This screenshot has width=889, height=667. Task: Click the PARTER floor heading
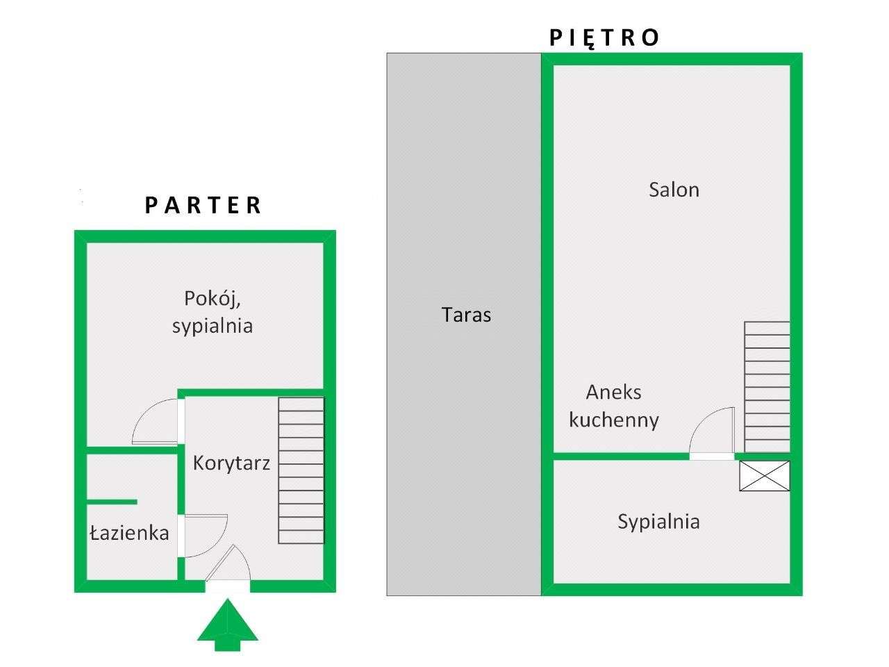click(203, 205)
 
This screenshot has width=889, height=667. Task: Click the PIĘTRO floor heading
click(604, 38)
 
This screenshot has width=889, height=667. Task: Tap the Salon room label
click(674, 190)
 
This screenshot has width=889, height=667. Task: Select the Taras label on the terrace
click(466, 315)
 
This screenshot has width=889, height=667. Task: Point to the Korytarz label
click(231, 463)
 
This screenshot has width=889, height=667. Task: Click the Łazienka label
click(129, 533)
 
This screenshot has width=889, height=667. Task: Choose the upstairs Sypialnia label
click(658, 522)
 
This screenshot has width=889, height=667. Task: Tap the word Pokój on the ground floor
click(213, 299)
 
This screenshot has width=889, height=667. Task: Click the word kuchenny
click(614, 420)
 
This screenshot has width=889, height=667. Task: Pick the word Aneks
click(613, 393)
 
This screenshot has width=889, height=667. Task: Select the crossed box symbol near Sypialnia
click(764, 476)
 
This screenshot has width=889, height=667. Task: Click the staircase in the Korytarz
click(301, 470)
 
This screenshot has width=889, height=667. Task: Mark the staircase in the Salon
click(767, 387)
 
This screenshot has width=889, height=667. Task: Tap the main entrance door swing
click(228, 563)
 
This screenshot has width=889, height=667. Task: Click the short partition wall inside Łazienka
click(113, 502)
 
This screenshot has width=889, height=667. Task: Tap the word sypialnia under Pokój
click(213, 327)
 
